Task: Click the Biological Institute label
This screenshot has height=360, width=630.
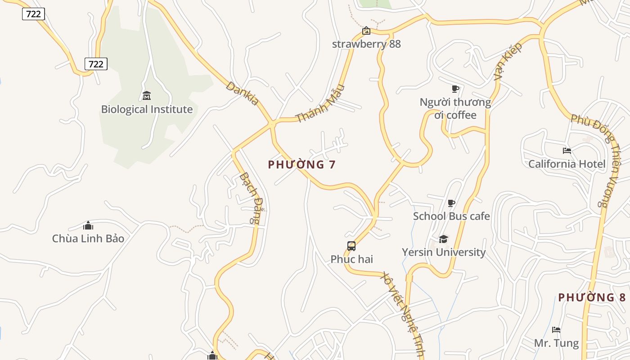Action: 147,109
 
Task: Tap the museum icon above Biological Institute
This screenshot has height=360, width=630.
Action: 147,96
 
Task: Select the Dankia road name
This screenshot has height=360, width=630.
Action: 243,93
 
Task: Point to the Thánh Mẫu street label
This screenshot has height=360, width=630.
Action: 320,103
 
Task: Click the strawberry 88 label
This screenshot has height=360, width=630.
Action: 366,44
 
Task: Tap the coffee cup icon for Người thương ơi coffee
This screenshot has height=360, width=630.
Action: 455,89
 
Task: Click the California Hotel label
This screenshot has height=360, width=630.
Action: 567,164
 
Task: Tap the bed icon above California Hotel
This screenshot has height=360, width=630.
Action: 567,150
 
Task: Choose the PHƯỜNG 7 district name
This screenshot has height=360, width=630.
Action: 302,165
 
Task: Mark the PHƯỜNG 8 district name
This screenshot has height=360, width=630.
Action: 592,297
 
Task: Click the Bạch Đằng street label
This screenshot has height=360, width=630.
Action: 250,198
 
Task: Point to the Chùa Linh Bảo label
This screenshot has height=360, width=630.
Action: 88,238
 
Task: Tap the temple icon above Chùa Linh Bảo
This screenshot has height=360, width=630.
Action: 88,225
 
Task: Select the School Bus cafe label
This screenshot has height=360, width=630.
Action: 451,216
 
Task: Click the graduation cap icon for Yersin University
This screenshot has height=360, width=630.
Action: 444,239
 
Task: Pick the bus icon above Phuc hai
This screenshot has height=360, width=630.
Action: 351,246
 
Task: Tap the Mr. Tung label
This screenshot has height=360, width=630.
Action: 557,343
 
